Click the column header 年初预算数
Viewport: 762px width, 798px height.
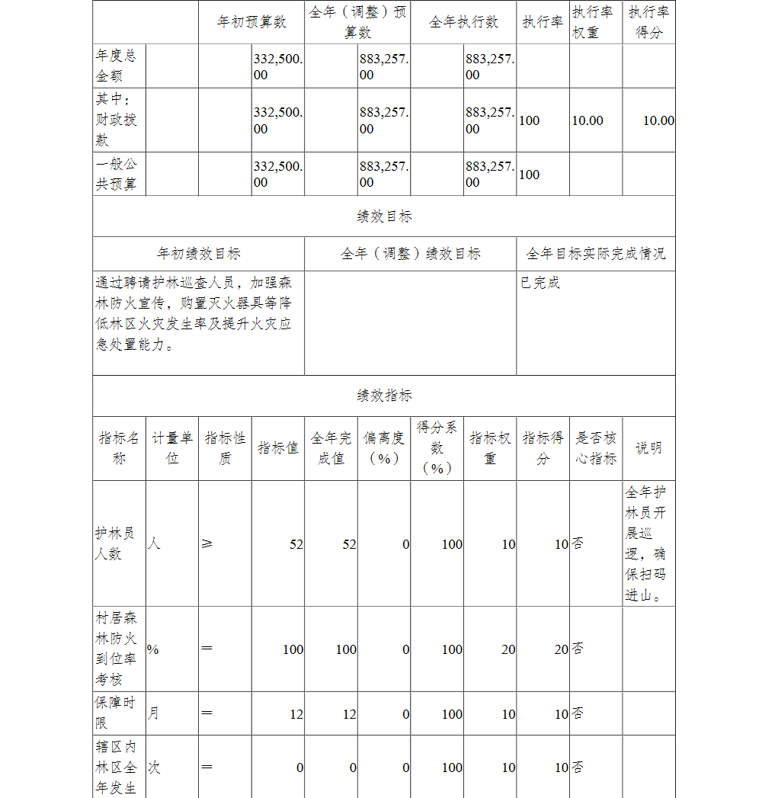[x=251, y=22]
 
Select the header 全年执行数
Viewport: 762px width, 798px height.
[x=463, y=22]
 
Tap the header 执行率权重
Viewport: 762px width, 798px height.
[x=592, y=22]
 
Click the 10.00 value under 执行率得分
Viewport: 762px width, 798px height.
[x=658, y=120]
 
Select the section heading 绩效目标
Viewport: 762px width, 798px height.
[x=384, y=216]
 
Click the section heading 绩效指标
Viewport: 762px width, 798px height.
[x=384, y=396]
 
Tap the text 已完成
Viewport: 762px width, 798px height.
[x=540, y=283]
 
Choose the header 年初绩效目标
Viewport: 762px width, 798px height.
[x=198, y=254]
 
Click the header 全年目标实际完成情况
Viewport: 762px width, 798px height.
[x=595, y=254]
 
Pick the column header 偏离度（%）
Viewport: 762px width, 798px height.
[x=384, y=448]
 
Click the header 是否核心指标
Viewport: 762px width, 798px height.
[x=596, y=448]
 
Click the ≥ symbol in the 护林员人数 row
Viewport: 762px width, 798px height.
[x=207, y=543]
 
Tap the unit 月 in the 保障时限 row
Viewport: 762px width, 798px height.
[x=154, y=713]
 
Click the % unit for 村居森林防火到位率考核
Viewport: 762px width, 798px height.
[x=153, y=649]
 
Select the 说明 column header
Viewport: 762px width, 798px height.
[x=648, y=448]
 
